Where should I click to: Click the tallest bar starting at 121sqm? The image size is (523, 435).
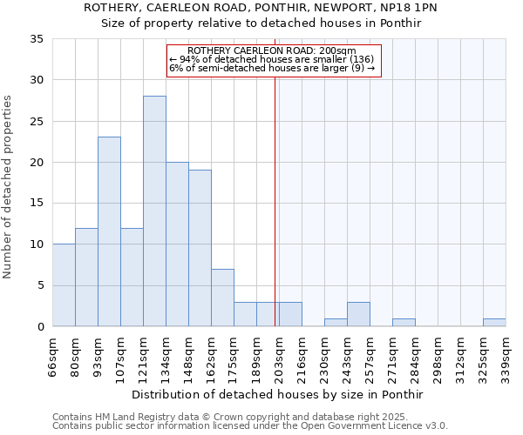154,211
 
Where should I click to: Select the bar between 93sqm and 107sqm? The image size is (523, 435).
109,231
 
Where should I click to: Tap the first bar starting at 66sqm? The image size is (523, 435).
64,285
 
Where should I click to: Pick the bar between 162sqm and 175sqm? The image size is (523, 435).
222,298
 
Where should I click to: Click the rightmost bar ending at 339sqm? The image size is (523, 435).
494,323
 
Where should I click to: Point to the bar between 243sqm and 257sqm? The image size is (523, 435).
358,314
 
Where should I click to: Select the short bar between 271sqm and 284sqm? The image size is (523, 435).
404,323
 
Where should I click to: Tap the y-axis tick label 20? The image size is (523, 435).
37,163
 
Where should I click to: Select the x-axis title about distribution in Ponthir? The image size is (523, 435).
279,394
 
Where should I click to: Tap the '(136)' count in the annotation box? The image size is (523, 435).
359,59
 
